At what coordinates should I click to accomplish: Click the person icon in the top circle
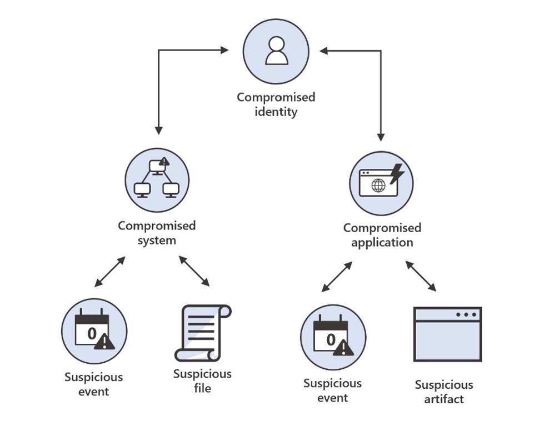tap(276, 51)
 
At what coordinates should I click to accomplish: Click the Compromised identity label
tap(276, 104)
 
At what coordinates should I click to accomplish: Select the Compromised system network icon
tap(157, 179)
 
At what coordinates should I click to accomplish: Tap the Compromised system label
tap(157, 233)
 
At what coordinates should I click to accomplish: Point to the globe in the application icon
tap(378, 185)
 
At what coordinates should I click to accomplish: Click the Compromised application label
tap(382, 235)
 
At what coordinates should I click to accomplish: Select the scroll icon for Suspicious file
tap(202, 332)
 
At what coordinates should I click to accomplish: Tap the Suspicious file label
tap(202, 380)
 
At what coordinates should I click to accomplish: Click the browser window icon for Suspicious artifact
tap(447, 334)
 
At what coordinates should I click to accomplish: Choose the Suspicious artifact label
tap(444, 392)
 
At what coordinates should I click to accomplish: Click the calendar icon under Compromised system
tap(93, 332)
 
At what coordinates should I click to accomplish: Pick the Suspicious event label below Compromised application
tap(332, 390)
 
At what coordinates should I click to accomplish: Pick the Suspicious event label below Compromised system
tap(93, 384)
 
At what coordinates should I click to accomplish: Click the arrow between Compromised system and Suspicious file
tap(194, 271)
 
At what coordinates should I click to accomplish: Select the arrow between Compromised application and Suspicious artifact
tap(421, 276)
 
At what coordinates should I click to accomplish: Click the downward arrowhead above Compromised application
tap(381, 137)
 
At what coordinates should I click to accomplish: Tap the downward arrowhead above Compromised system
tap(158, 130)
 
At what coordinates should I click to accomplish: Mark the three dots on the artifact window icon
tap(466, 314)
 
